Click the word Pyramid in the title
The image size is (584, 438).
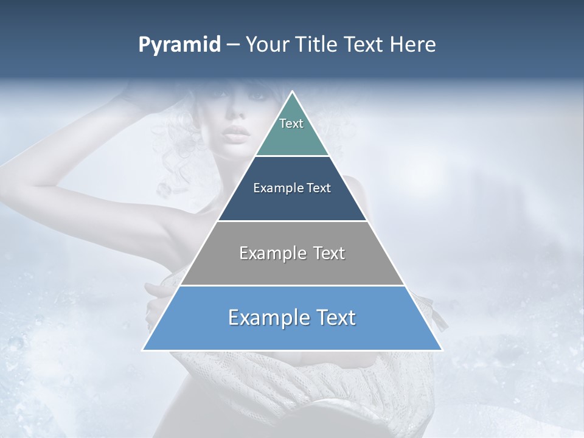[179, 45]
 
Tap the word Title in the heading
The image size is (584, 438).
[320, 45]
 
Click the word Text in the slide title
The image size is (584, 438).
[366, 45]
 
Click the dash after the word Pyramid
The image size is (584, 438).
[233, 45]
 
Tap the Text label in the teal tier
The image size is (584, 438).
[291, 123]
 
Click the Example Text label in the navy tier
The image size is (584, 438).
[292, 188]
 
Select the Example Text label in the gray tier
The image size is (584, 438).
[292, 253]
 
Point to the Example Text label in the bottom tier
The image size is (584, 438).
[292, 318]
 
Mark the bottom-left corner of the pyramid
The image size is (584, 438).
[144, 350]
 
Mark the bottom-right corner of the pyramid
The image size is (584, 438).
[441, 350]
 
